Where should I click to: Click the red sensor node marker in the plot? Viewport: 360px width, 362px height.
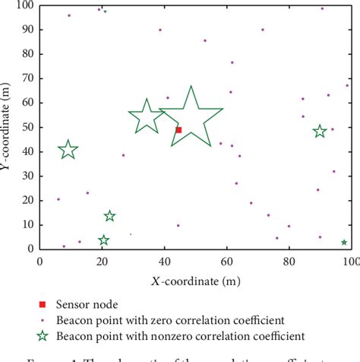point(178,129)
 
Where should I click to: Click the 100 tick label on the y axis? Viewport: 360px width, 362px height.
point(25,5)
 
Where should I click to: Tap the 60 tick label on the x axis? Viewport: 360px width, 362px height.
point(226,261)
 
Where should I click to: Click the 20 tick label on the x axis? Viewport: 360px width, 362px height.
point(102,261)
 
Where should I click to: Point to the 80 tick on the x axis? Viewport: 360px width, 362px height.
point(289,261)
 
